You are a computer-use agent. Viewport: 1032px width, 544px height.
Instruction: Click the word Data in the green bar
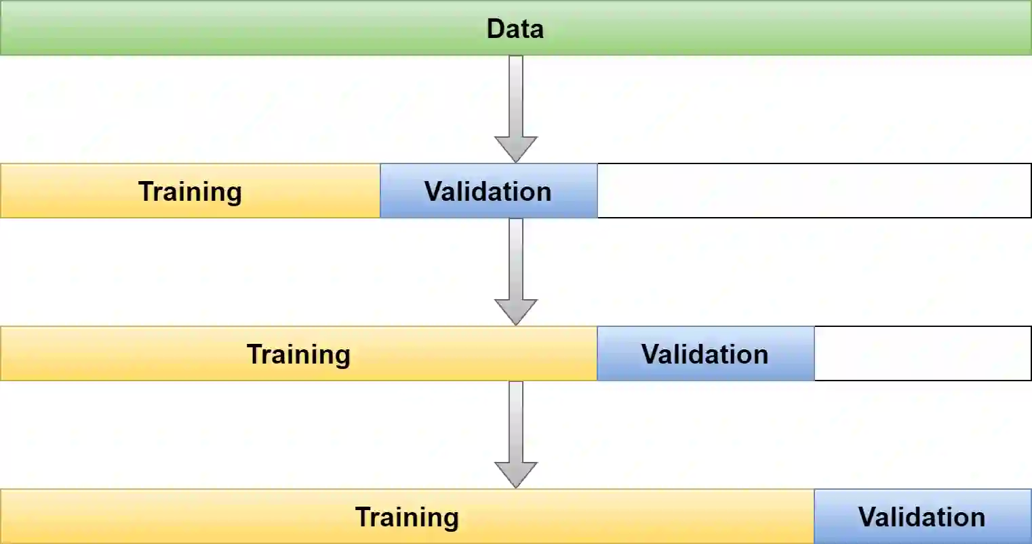pos(515,28)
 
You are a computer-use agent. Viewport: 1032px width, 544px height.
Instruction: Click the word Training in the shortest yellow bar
pos(190,191)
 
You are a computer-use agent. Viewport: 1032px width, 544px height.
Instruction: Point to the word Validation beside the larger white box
pos(488,191)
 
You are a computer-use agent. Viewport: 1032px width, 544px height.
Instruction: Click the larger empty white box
pos(814,191)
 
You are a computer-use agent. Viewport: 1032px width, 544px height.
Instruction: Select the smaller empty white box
pos(922,353)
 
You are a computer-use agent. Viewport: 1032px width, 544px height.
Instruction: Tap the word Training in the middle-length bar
pos(298,354)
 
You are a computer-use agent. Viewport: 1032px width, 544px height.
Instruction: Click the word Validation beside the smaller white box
pos(705,354)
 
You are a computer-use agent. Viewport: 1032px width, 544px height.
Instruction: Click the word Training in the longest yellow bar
pos(407,517)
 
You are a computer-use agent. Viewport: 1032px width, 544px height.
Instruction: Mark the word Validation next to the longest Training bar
pos(922,517)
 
